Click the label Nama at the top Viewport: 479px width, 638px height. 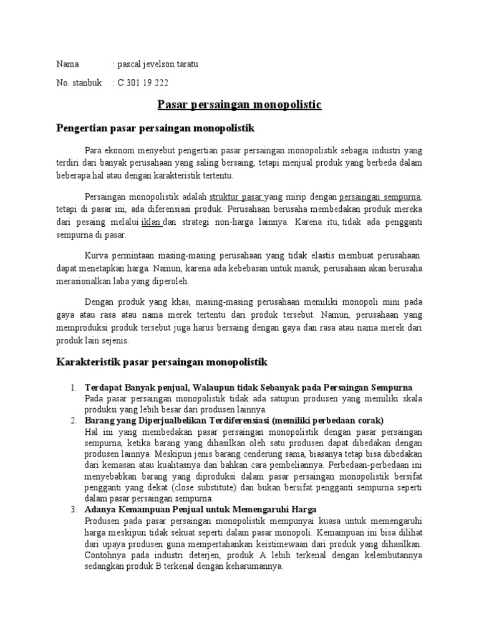pyautogui.click(x=68, y=64)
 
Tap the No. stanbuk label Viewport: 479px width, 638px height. pyautogui.click(x=79, y=82)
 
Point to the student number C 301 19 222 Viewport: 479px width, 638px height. pyautogui.click(x=143, y=82)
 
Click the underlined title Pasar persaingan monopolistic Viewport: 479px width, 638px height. pyautogui.click(x=238, y=105)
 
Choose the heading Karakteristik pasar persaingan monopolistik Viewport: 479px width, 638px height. pyautogui.click(x=162, y=361)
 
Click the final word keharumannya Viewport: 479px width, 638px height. pyautogui.click(x=253, y=567)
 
